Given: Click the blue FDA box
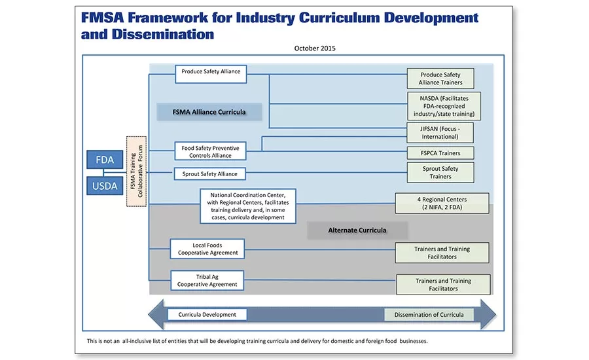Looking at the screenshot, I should pyautogui.click(x=105, y=160).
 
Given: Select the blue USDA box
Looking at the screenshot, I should pyautogui.click(x=105, y=186).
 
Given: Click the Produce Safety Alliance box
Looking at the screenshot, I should pyautogui.click(x=211, y=74).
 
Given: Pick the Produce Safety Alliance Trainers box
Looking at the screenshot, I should pyautogui.click(x=441, y=79).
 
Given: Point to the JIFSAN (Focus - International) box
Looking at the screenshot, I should pyautogui.click(x=440, y=132).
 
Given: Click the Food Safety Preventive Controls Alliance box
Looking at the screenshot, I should pyautogui.click(x=211, y=152).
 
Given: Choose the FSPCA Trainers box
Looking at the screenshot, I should pyautogui.click(x=440, y=153).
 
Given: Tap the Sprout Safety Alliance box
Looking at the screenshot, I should pyautogui.click(x=209, y=173).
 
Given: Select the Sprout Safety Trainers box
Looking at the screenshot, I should pyautogui.click(x=440, y=172).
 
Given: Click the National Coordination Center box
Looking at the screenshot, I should pyautogui.click(x=248, y=206).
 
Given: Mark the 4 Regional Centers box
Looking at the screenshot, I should pyautogui.click(x=442, y=203).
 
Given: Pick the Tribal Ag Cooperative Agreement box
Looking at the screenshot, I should pyautogui.click(x=207, y=280).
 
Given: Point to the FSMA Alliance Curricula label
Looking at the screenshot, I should pyautogui.click(x=209, y=112).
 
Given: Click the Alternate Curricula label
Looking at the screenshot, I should pyautogui.click(x=357, y=230).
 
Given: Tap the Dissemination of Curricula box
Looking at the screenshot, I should pyautogui.click(x=429, y=315).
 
